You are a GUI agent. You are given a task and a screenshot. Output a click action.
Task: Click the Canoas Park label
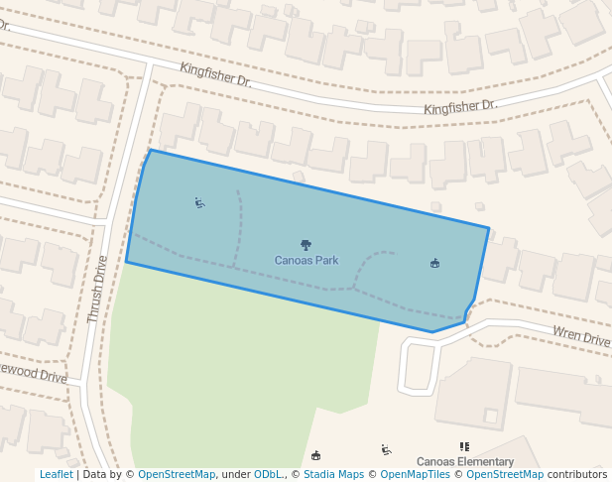coord(306,261)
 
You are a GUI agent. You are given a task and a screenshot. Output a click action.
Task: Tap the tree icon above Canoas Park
coord(306,245)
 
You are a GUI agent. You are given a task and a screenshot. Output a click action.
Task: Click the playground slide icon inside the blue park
coord(199,203)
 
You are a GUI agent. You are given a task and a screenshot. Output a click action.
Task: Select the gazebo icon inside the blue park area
coord(434,263)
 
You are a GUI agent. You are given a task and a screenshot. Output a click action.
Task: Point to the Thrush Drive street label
coord(96,290)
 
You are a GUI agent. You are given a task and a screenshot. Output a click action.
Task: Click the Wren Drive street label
coord(581,337)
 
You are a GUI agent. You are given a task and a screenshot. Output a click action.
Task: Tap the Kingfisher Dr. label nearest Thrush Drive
coord(215,74)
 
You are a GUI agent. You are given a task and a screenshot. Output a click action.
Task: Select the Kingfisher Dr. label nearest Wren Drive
coord(459,106)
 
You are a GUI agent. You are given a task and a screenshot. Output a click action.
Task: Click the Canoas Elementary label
coord(464,462)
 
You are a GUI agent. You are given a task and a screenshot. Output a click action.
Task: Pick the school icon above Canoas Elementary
coord(464,447)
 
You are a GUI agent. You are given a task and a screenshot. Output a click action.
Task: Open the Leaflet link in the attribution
coord(56,475)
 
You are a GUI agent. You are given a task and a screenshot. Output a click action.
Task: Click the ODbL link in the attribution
coord(268,475)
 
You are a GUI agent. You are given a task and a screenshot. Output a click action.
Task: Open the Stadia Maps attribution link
coord(333,475)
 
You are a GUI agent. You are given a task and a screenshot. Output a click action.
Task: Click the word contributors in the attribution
coord(577,475)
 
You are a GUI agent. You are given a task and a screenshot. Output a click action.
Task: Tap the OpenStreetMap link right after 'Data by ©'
coord(177,475)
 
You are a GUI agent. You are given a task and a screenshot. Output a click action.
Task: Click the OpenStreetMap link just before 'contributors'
coord(505,475)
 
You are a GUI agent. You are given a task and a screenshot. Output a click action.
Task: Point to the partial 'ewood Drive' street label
coord(34,377)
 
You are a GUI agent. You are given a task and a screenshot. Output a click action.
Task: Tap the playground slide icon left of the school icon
coord(386,450)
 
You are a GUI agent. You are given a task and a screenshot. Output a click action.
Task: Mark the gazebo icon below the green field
coord(316,455)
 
